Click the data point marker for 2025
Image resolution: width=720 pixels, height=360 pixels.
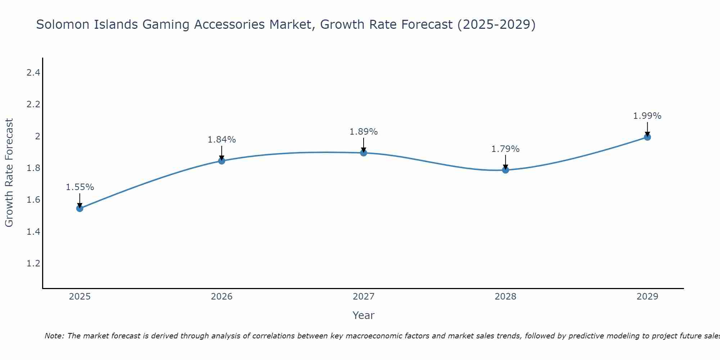click(x=80, y=208)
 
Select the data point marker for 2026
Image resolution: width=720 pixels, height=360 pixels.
click(x=222, y=161)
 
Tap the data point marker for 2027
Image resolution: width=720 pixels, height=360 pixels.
click(x=364, y=153)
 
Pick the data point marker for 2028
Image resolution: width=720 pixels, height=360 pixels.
click(x=505, y=170)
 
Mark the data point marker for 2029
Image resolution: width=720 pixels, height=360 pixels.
click(x=647, y=137)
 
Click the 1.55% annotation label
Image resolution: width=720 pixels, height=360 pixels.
click(x=80, y=187)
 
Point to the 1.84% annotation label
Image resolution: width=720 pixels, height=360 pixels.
click(x=222, y=140)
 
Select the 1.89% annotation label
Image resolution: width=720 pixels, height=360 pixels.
click(x=364, y=132)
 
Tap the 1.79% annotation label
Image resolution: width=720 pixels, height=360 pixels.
click(x=505, y=149)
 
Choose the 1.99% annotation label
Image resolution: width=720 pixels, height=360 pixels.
click(x=647, y=116)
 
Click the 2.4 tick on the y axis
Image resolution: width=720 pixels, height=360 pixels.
click(x=33, y=73)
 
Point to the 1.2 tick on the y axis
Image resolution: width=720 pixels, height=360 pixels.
click(x=33, y=264)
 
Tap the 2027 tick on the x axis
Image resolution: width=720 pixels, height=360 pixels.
click(x=364, y=297)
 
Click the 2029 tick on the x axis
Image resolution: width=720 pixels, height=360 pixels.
click(x=647, y=297)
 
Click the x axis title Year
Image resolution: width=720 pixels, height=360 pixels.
click(x=364, y=315)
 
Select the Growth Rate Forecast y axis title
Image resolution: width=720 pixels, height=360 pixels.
click(x=9, y=173)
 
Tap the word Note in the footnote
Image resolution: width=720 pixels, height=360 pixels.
click(x=54, y=336)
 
